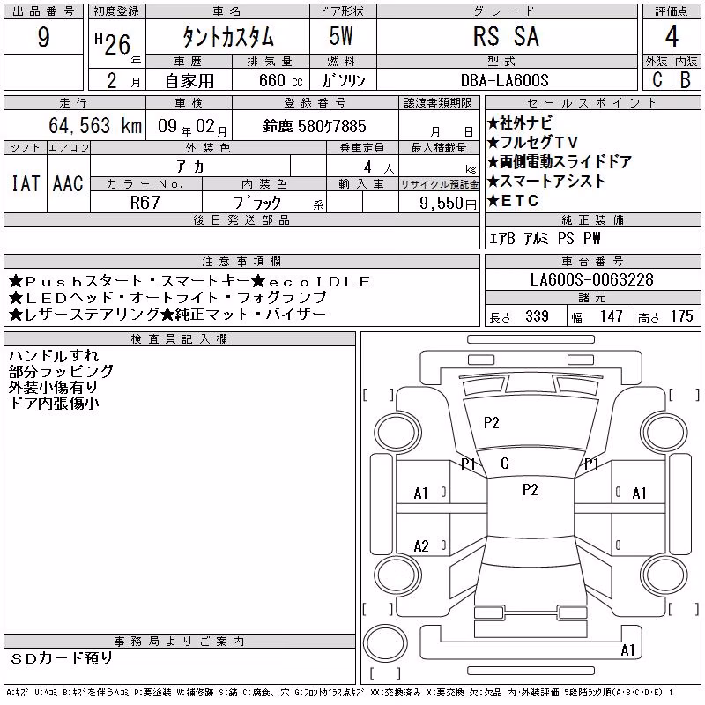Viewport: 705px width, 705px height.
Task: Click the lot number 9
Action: [x=43, y=37]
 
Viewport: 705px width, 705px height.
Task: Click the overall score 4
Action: [x=672, y=36]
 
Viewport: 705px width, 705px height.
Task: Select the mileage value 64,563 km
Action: [x=95, y=125]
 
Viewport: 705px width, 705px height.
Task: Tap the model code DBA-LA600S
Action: [x=504, y=80]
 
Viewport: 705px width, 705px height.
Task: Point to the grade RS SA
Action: [x=506, y=36]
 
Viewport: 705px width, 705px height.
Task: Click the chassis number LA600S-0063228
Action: [x=591, y=279]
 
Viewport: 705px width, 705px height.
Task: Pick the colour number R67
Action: [x=145, y=203]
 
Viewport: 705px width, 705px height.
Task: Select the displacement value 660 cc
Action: [x=280, y=80]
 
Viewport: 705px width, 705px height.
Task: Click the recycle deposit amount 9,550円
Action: [x=448, y=204]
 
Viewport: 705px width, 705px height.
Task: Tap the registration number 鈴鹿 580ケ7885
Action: [x=315, y=126]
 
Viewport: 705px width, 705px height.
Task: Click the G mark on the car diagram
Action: [x=505, y=464]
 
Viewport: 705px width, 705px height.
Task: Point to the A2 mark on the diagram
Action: [x=421, y=546]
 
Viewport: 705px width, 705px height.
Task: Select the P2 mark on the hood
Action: [x=492, y=423]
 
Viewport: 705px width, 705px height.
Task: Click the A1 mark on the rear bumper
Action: [x=627, y=650]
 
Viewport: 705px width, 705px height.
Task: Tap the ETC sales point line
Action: [x=513, y=201]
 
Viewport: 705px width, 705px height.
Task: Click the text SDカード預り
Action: [x=62, y=658]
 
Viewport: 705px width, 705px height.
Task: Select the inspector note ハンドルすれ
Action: [x=54, y=356]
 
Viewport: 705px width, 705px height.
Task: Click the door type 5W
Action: [x=341, y=36]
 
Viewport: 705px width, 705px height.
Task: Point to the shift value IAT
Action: [x=26, y=183]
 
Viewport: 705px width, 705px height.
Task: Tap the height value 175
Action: [x=681, y=316]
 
